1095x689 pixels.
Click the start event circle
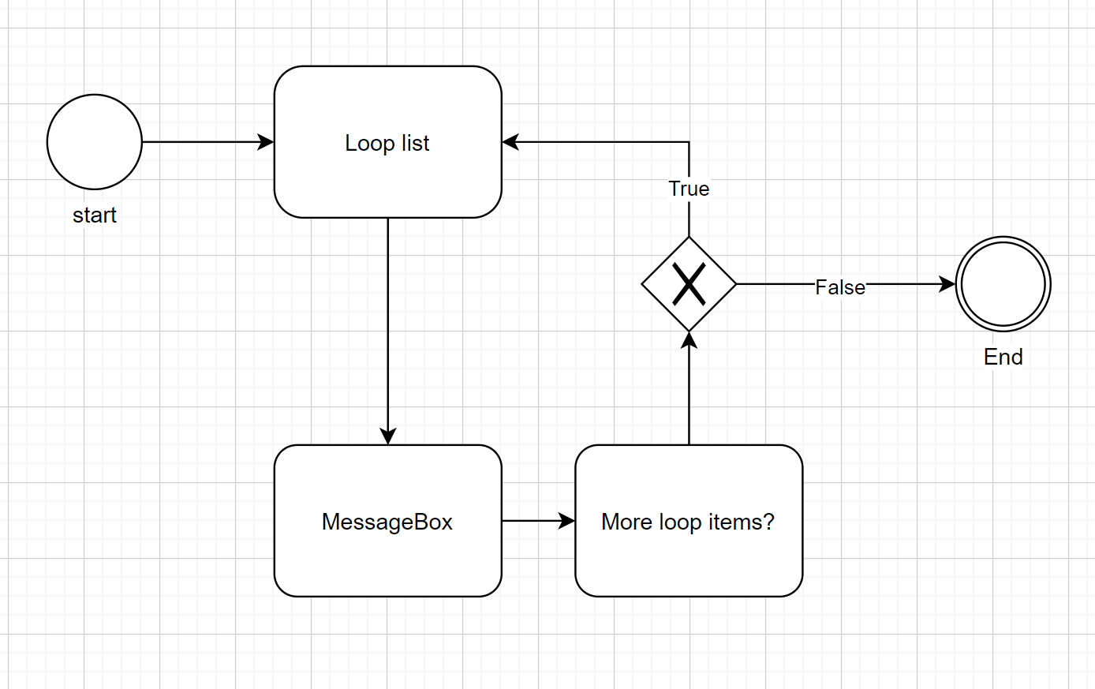pyautogui.click(x=95, y=142)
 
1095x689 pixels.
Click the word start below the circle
pyautogui.click(x=95, y=215)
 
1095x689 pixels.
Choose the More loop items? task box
pyautogui.click(x=689, y=560)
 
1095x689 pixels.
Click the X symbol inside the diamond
pyautogui.click(x=689, y=284)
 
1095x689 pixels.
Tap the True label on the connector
pyautogui.click(x=689, y=189)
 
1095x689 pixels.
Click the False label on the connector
pyautogui.click(x=839, y=287)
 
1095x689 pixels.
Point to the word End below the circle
pyautogui.click(x=1003, y=357)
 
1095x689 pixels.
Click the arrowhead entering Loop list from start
pyautogui.click(x=267, y=142)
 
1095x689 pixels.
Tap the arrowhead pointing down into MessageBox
pyautogui.click(x=387, y=436)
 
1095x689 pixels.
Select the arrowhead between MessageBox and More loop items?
pyautogui.click(x=567, y=521)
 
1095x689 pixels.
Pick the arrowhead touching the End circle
pyautogui.click(x=947, y=284)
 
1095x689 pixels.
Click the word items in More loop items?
pyautogui.click(x=734, y=522)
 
